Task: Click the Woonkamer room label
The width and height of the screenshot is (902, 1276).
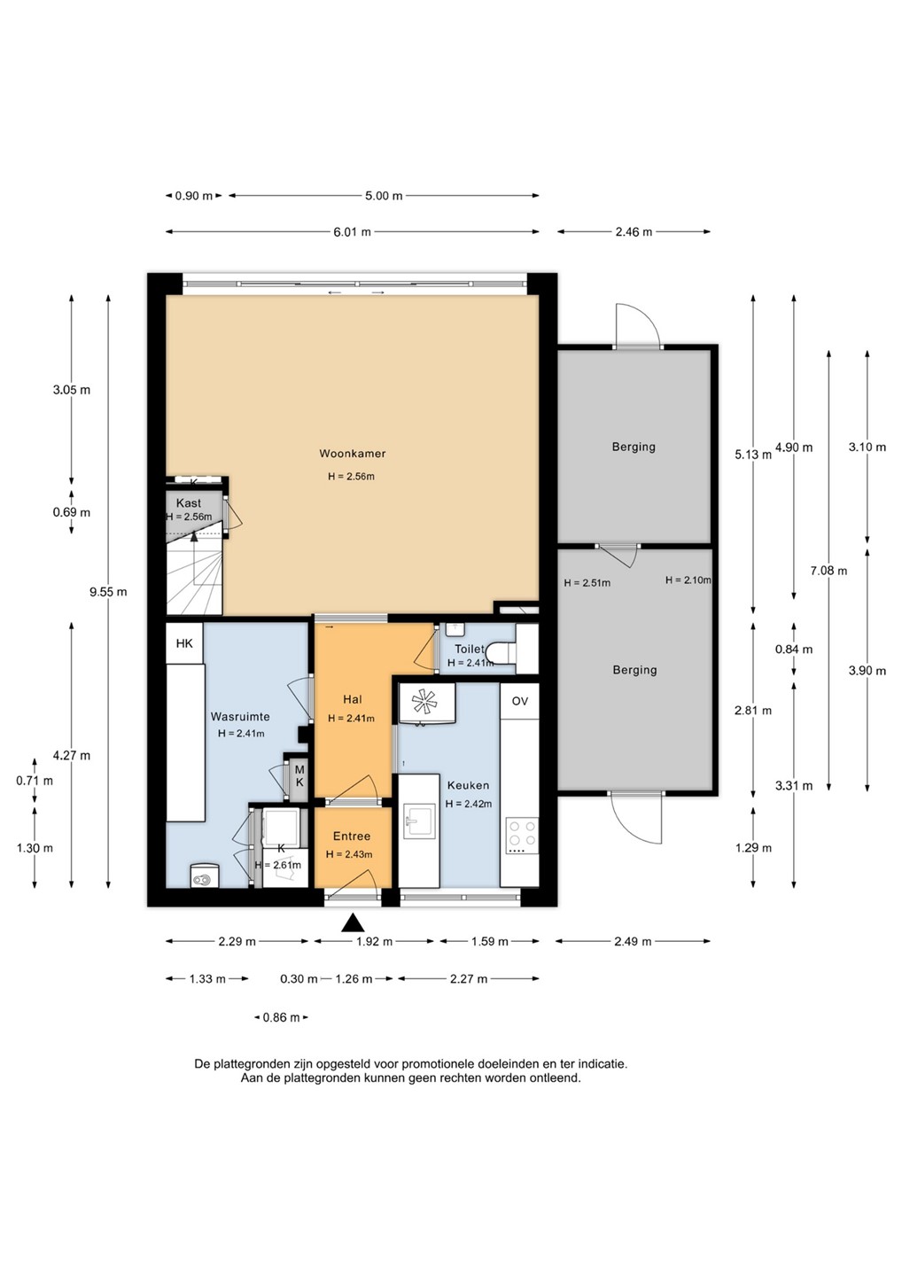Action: (352, 454)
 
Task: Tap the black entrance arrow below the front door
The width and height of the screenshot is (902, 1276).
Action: (353, 922)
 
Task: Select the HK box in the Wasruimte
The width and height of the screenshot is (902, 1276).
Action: (184, 643)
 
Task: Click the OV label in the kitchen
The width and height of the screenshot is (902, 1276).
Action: (519, 701)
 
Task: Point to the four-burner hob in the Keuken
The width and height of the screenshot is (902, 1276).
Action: (522, 833)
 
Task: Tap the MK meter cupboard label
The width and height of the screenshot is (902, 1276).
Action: (299, 776)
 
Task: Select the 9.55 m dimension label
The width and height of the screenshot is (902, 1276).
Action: (108, 592)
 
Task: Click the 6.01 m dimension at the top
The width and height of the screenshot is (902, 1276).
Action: (353, 232)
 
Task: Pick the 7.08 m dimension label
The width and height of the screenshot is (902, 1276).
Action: (828, 571)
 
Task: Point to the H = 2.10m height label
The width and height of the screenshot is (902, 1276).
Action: (688, 580)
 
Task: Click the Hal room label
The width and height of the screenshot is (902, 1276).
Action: (353, 699)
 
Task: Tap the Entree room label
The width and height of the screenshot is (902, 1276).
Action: (352, 836)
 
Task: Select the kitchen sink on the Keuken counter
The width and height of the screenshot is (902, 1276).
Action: (418, 822)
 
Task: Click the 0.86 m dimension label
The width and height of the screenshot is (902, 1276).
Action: (281, 1017)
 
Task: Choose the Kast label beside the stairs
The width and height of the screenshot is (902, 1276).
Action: (189, 503)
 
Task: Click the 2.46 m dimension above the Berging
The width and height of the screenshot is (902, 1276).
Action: (634, 232)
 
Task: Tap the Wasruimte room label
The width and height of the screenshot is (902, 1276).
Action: (240, 717)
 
